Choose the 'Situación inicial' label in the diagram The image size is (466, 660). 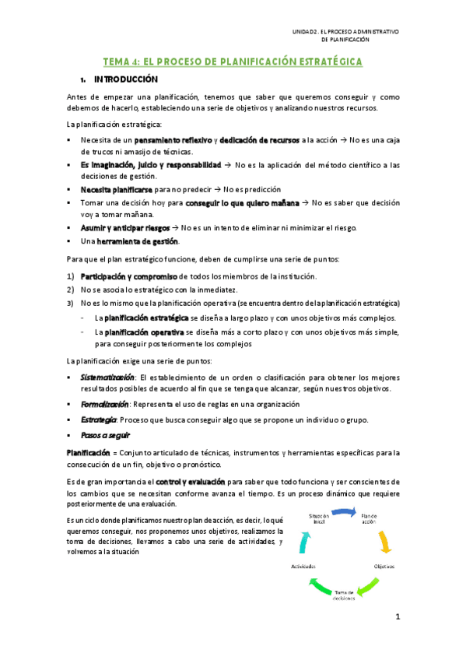point(320,518)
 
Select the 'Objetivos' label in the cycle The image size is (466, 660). point(384,566)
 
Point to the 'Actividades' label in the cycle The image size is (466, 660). point(303,566)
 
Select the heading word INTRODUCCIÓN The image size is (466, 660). point(126,79)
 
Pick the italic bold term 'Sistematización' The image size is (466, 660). point(103,377)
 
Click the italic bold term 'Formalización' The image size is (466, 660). point(104,405)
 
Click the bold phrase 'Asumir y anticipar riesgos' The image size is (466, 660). point(127,227)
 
